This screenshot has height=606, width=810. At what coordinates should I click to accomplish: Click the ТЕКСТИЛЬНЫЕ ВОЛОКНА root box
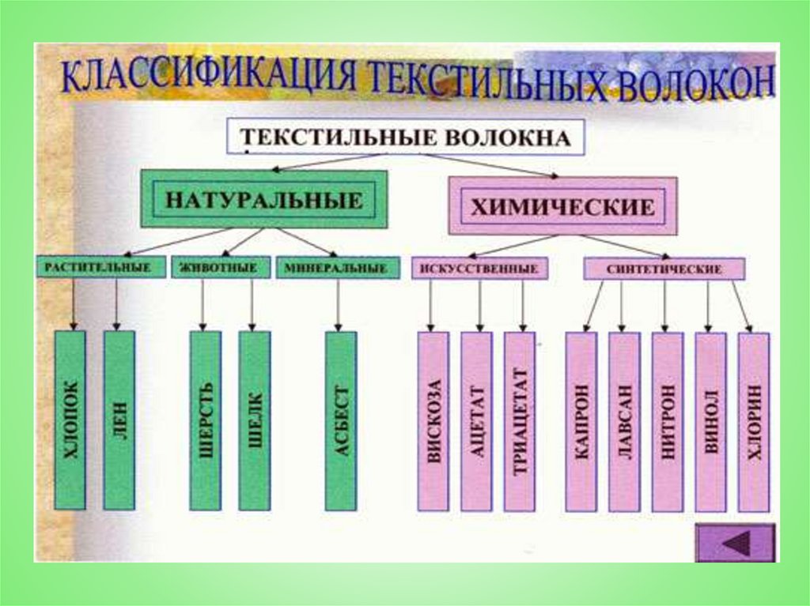point(407,137)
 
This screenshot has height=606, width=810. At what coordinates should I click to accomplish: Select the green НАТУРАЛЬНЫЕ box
point(263,199)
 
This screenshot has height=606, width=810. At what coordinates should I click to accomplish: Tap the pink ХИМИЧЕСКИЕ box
point(562,206)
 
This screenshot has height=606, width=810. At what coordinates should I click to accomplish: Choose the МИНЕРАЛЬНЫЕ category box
point(336,269)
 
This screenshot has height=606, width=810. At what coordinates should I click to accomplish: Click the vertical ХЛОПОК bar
point(70,420)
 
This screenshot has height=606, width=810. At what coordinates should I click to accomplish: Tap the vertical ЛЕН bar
point(119,420)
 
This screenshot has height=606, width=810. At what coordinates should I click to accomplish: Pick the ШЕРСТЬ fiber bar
point(205,420)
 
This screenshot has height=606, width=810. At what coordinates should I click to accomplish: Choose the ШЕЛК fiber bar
point(254,420)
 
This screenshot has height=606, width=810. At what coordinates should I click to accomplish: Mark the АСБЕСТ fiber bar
point(341,420)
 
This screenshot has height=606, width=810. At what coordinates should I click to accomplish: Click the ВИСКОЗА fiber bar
point(433,421)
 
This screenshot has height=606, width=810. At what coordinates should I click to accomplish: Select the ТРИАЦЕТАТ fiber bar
point(519,421)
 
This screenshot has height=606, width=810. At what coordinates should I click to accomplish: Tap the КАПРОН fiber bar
point(581,421)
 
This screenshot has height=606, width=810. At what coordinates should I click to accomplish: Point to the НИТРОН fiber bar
point(667,421)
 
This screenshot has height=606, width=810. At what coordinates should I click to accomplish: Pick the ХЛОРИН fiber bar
point(753,421)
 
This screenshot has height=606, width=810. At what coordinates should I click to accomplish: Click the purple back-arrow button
point(735,544)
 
